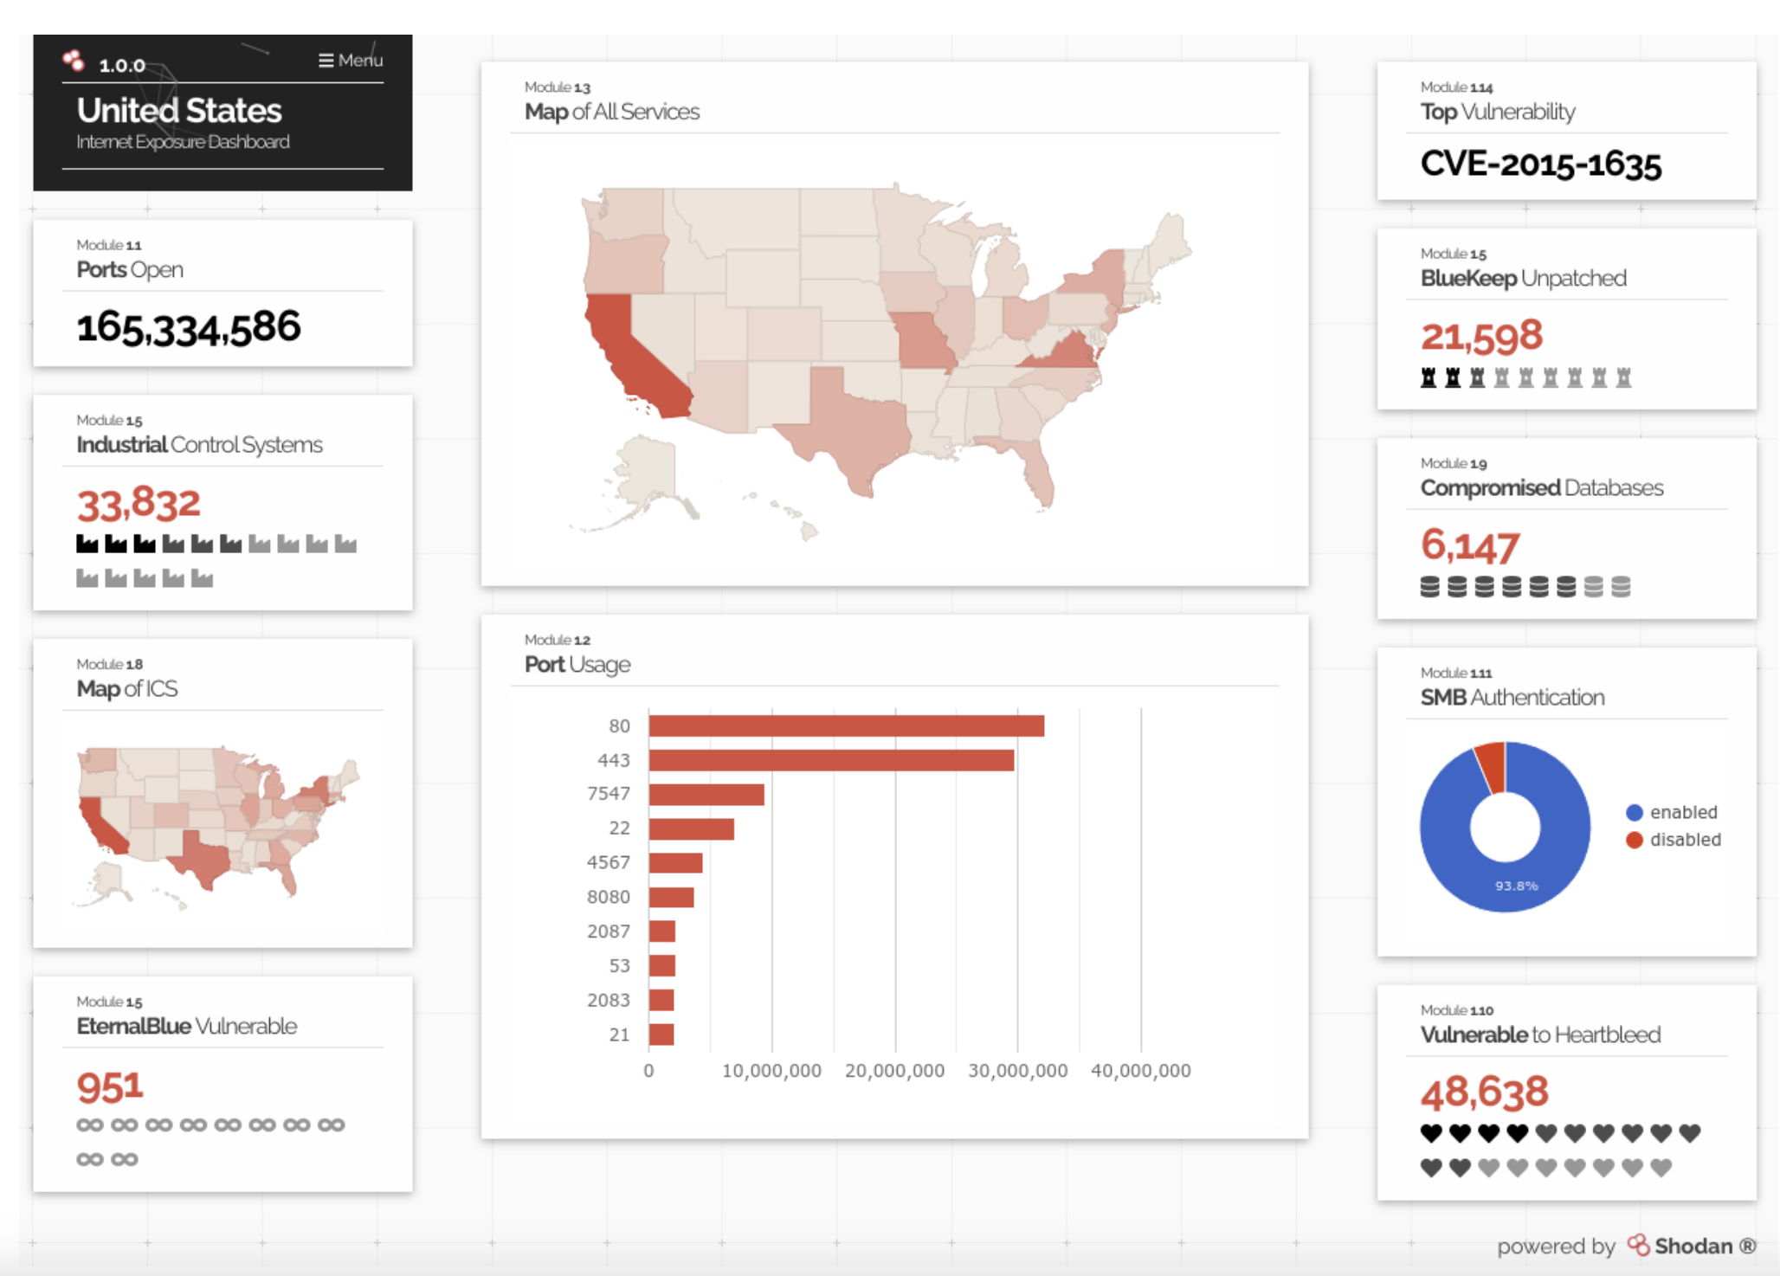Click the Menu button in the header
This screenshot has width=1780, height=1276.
click(351, 61)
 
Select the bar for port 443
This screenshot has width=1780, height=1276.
click(830, 760)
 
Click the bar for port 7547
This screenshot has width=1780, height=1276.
click(706, 794)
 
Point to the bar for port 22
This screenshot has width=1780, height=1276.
click(691, 828)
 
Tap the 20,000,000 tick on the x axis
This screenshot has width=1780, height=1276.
click(894, 1071)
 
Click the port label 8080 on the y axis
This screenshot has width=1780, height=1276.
click(609, 897)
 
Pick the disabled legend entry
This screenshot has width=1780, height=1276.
click(1674, 840)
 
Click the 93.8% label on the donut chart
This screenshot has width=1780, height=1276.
click(1516, 886)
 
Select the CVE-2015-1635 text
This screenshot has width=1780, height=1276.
click(1540, 164)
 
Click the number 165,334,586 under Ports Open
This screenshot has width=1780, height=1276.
click(189, 327)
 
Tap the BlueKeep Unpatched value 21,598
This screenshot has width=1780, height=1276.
click(1481, 336)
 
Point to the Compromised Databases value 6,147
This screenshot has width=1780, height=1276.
click(1469, 545)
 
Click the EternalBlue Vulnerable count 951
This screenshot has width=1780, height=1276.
click(110, 1087)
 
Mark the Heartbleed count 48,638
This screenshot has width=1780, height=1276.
click(1484, 1092)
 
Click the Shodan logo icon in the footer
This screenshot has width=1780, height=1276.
click(1638, 1245)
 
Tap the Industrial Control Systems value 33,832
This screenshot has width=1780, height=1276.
click(139, 504)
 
